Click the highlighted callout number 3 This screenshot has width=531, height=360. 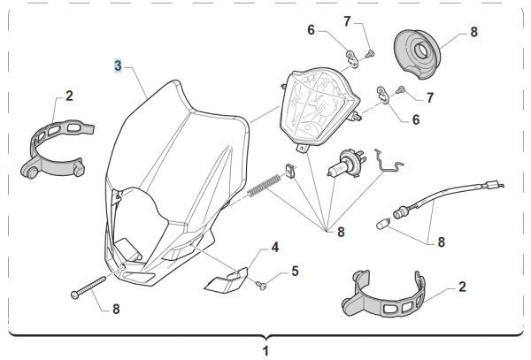tap(118, 65)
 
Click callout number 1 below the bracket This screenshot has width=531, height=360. tap(266, 350)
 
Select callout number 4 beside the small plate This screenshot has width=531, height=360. tap(275, 249)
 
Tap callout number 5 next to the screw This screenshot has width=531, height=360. tap(296, 271)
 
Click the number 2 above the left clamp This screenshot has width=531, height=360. tap(68, 96)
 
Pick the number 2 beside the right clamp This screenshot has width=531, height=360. tap(461, 287)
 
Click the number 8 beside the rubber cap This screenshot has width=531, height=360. tap(473, 32)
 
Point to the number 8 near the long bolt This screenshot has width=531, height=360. tap(114, 309)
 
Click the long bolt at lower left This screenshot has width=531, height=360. tap(88, 287)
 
